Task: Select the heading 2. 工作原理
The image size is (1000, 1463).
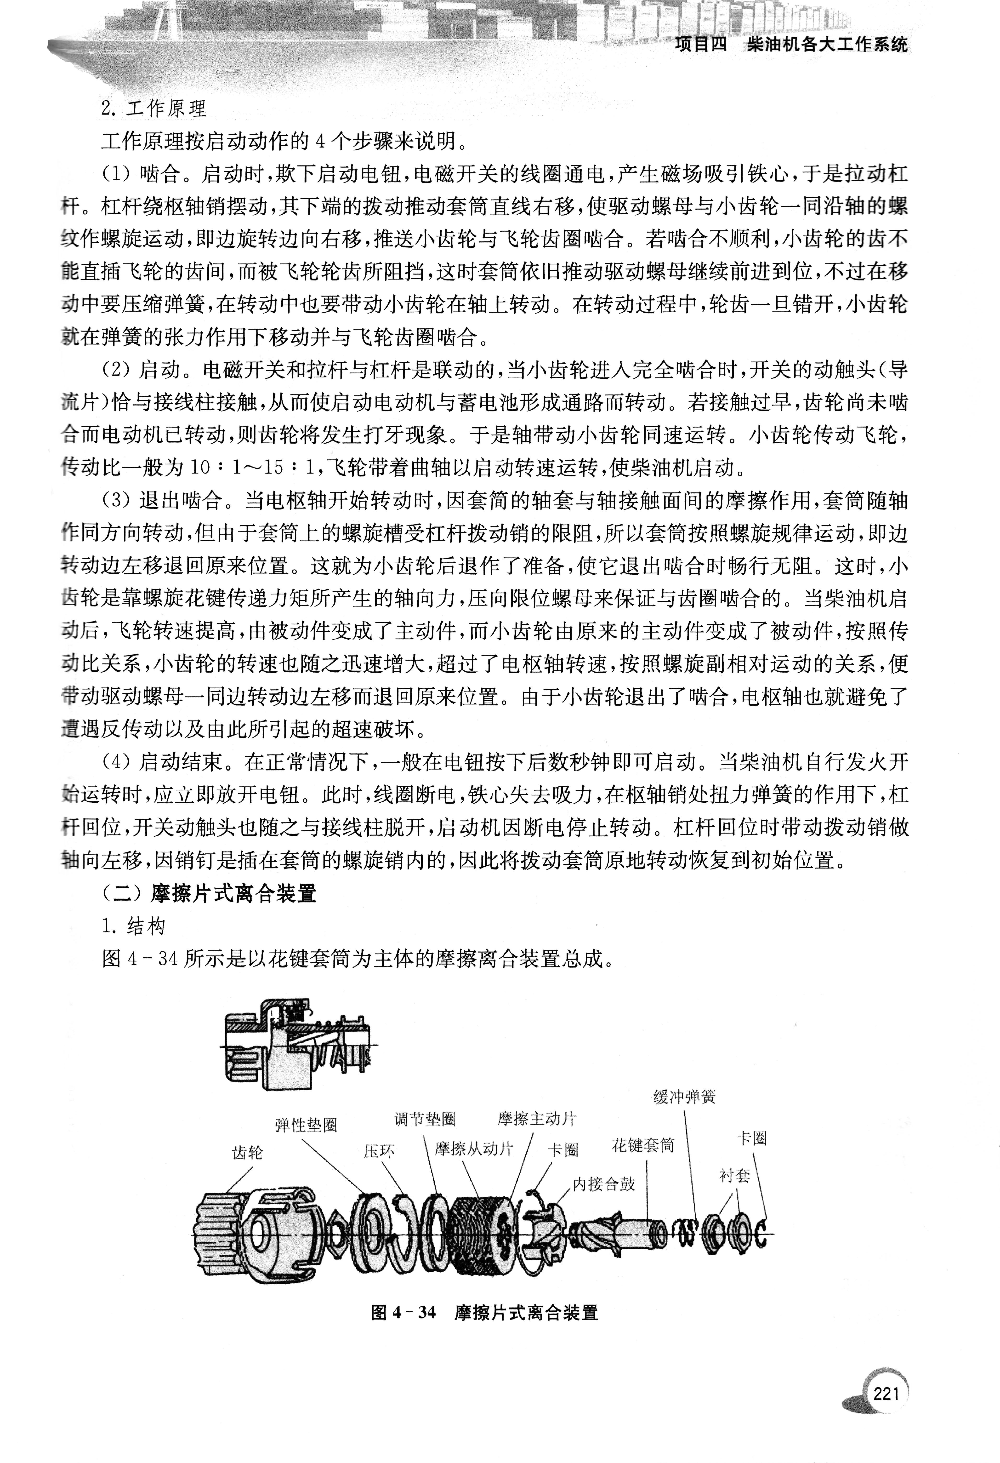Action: point(153,109)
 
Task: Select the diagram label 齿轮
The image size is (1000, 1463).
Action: point(247,1153)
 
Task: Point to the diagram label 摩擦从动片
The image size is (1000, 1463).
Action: point(474,1149)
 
